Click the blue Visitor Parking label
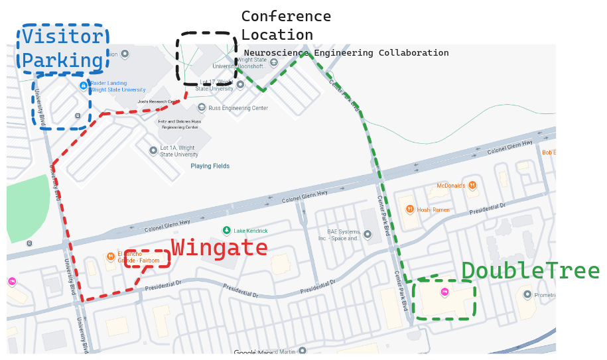pos(63,48)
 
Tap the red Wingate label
pos(220,248)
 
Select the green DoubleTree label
pos(530,271)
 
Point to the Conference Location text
pos(286,25)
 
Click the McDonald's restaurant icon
pos(472,185)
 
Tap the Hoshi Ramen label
pos(433,210)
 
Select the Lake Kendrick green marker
pos(227,230)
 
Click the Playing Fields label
pos(210,166)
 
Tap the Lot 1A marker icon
pos(153,150)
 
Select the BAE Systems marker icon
pos(368,234)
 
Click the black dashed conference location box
pos(206,58)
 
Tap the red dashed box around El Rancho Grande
pos(147,259)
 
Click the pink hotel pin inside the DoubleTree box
pos(445,292)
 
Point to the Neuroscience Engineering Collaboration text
pos(346,53)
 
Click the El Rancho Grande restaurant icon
pos(110,256)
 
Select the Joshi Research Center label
pos(158,101)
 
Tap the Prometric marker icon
pos(527,294)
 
